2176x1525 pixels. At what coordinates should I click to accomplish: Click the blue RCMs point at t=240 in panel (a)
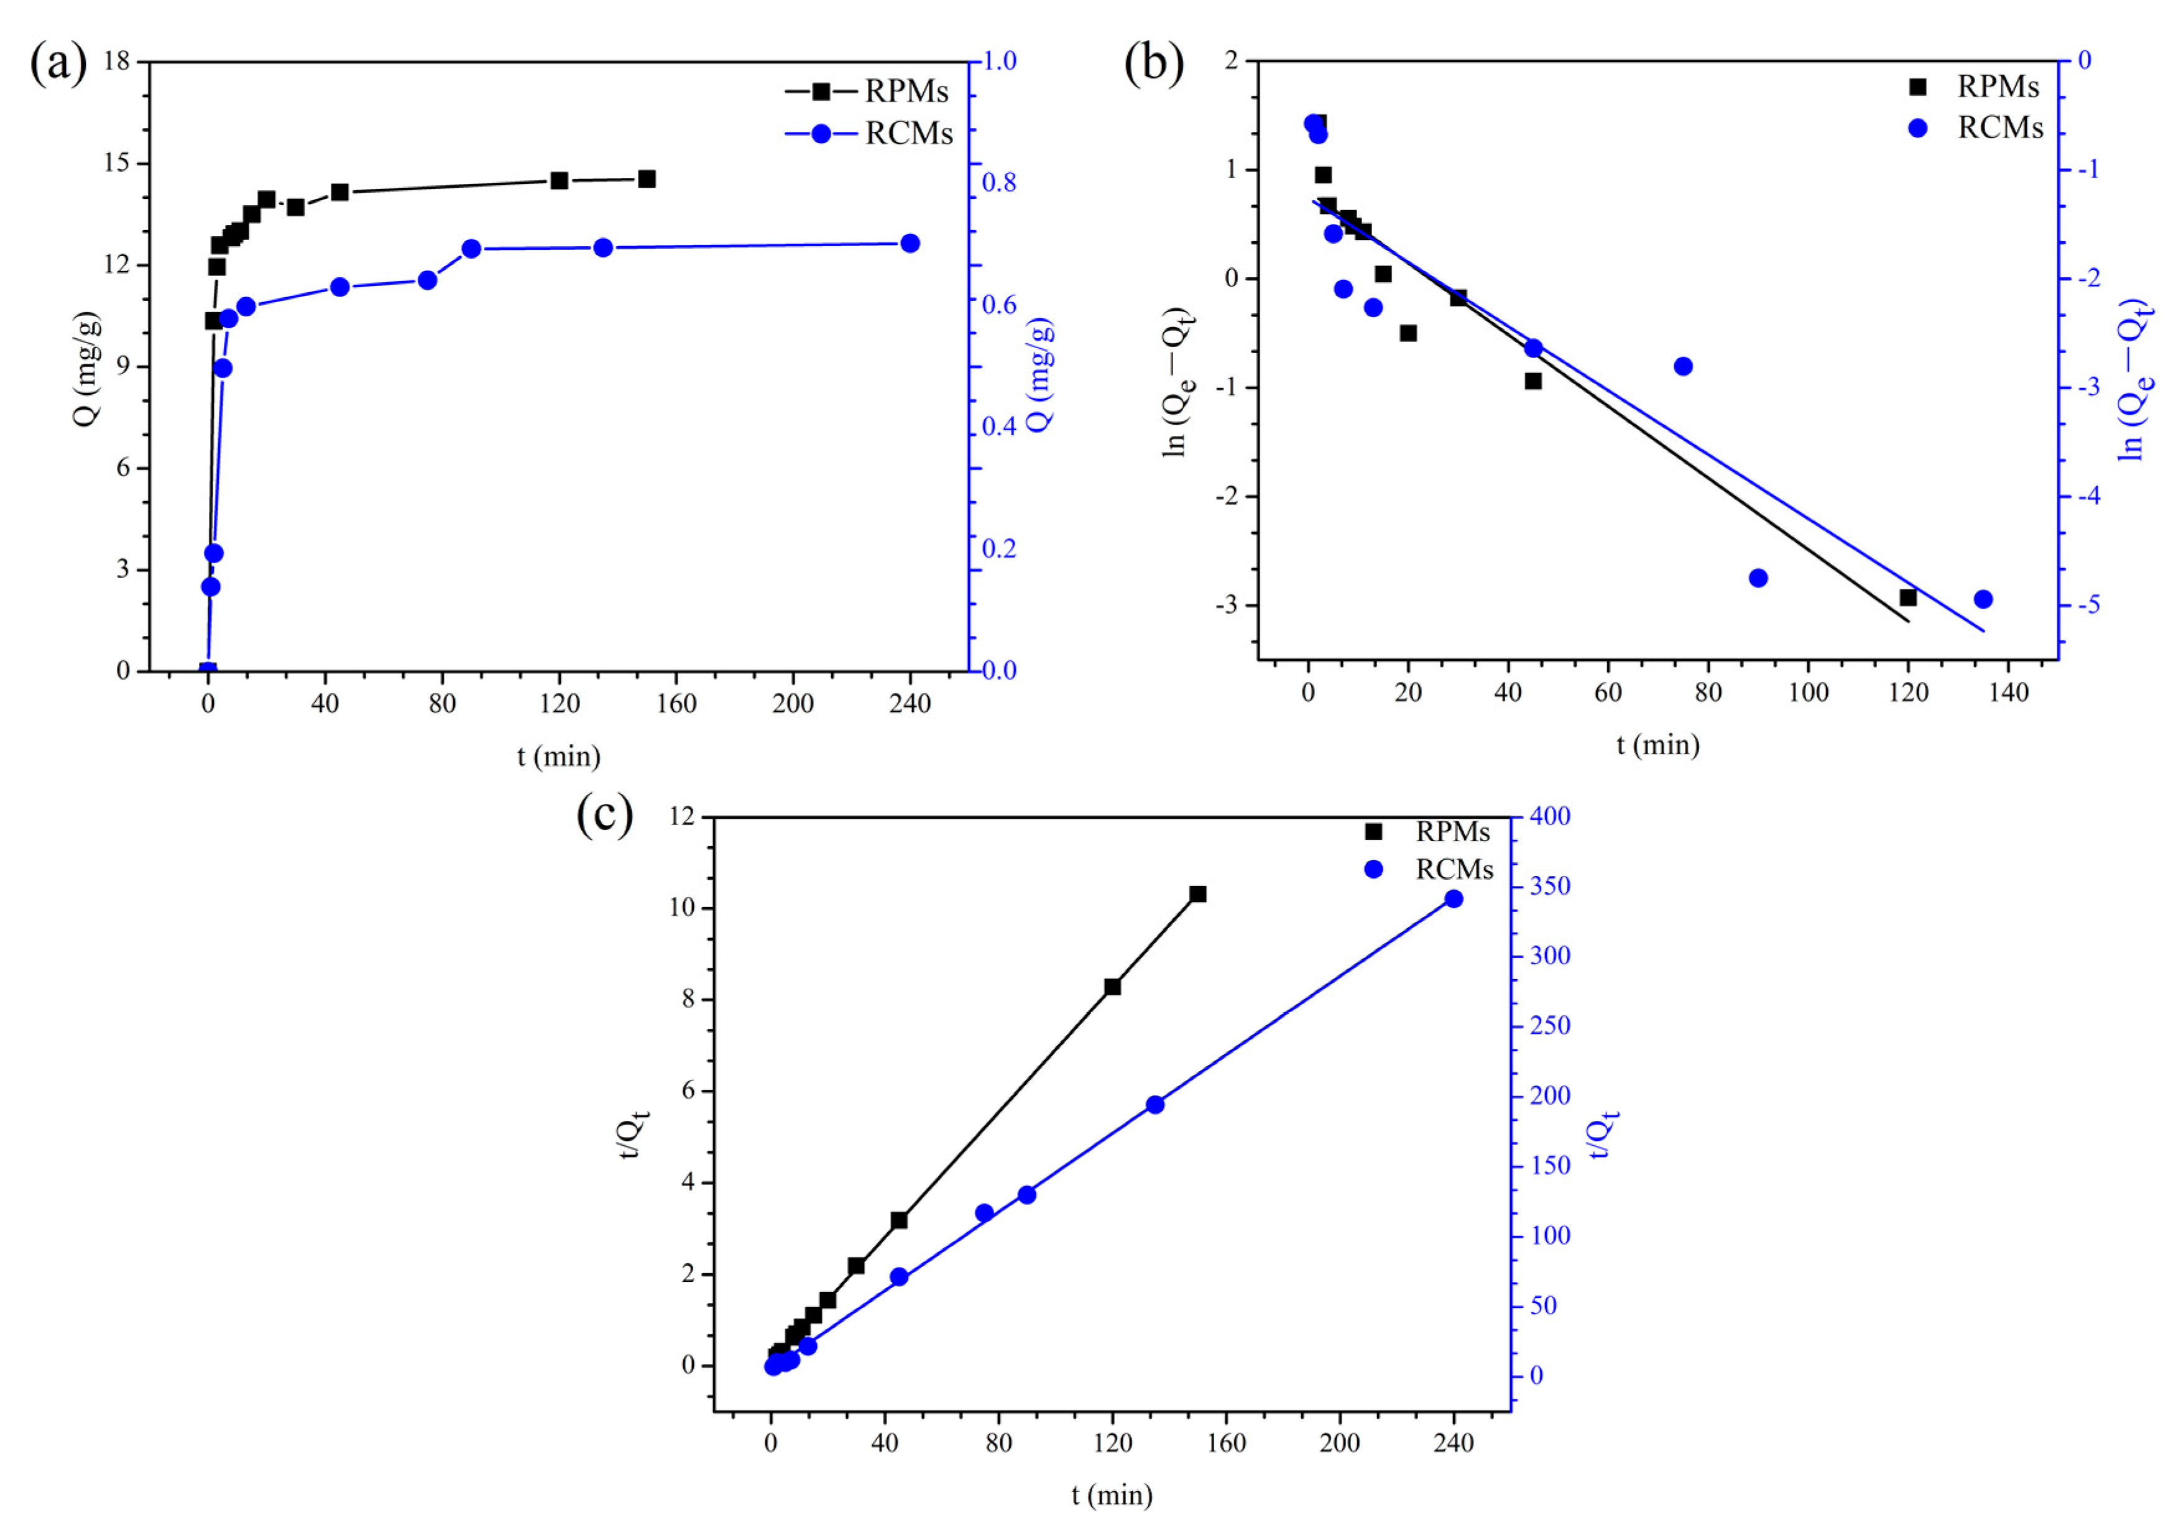click(910, 244)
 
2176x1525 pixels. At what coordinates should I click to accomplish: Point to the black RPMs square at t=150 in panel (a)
click(647, 179)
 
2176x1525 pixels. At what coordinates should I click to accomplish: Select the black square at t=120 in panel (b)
click(1908, 597)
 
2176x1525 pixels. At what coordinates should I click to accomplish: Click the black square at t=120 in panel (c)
click(1113, 987)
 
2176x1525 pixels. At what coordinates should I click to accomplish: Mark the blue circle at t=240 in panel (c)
click(1454, 898)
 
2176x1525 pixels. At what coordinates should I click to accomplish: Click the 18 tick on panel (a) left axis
click(117, 62)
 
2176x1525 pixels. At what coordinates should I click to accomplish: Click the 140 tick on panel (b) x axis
click(2008, 693)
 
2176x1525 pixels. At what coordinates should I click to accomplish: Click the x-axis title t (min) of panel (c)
click(1112, 1496)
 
